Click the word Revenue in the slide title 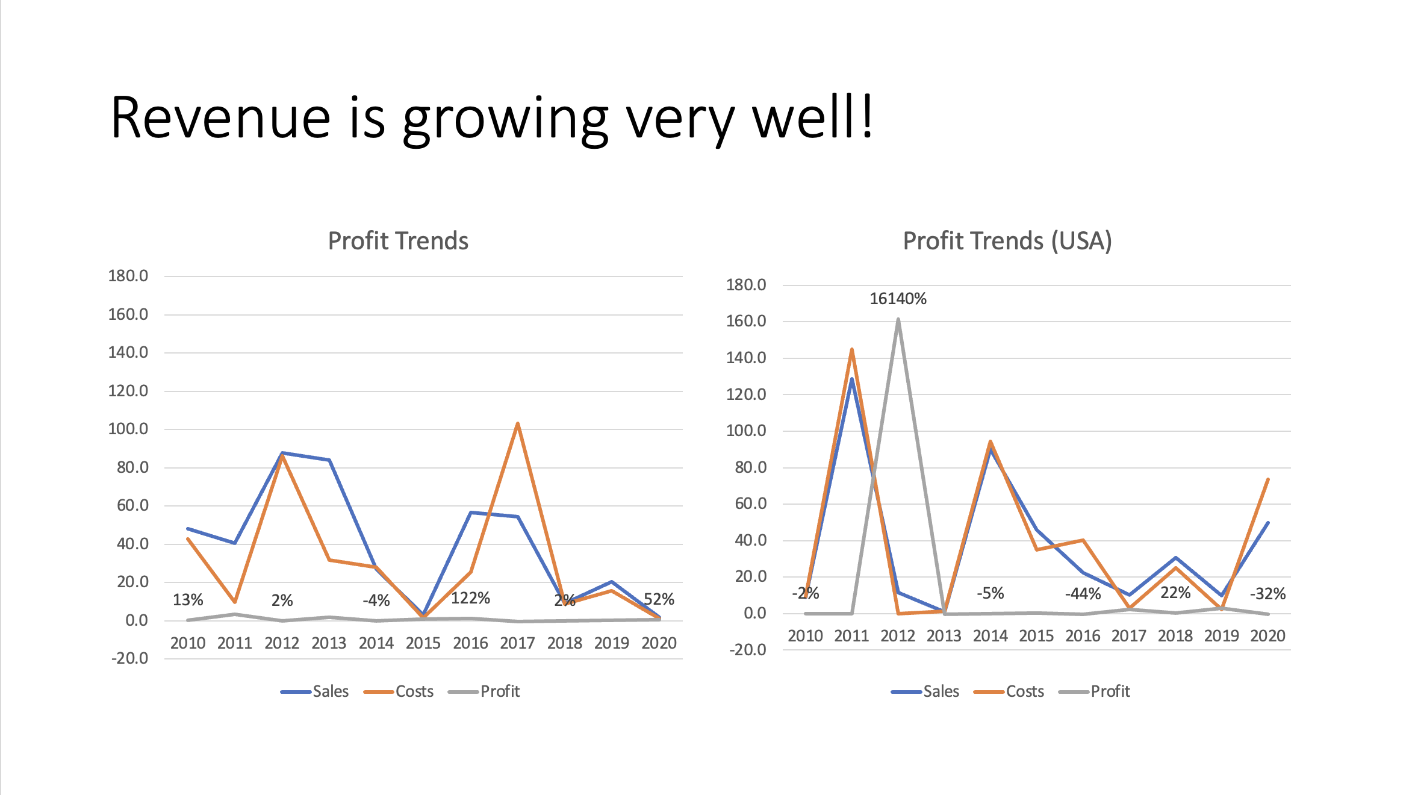click(x=220, y=118)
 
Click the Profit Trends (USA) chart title click(x=1007, y=241)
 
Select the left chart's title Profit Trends click(x=398, y=241)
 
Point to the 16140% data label click(x=898, y=299)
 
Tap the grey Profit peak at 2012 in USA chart click(x=898, y=320)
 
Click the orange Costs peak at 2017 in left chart click(x=518, y=424)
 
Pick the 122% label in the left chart click(x=470, y=598)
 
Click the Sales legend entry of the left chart click(x=330, y=691)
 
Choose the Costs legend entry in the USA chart click(x=1024, y=691)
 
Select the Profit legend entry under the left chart click(x=499, y=691)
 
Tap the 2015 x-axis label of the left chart click(x=423, y=643)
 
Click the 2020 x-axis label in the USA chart click(x=1267, y=636)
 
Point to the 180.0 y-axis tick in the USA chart click(x=746, y=285)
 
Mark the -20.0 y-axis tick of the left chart click(x=129, y=658)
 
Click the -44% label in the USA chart click(x=1083, y=594)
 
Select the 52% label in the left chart click(x=659, y=599)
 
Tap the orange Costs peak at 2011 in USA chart click(x=852, y=350)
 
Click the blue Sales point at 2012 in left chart click(x=282, y=452)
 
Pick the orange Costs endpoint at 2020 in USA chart click(x=1268, y=479)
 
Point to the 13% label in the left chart click(x=188, y=600)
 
